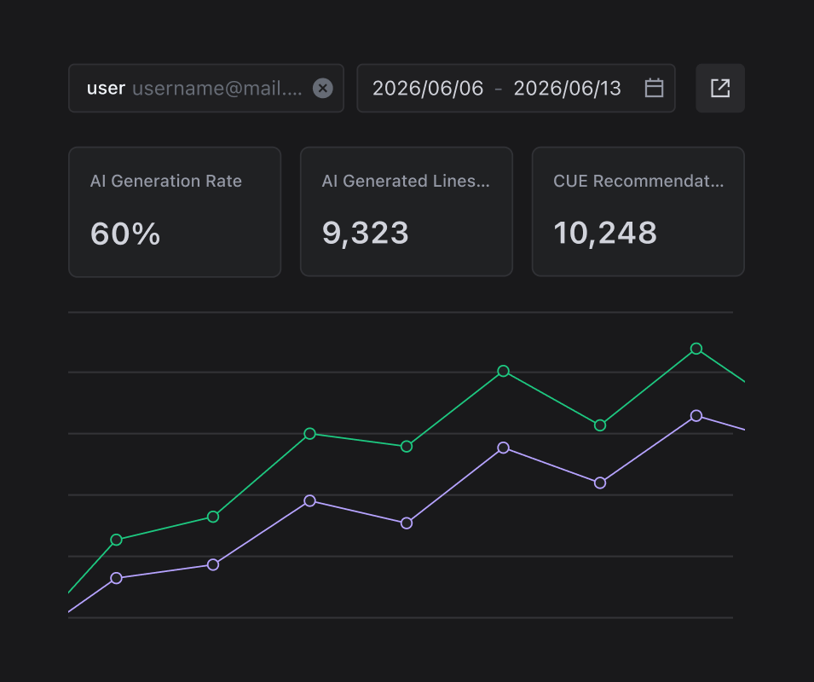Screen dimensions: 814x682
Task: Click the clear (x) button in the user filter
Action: click(322, 89)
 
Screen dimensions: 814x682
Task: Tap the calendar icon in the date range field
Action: click(654, 88)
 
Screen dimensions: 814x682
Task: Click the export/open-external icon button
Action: click(720, 89)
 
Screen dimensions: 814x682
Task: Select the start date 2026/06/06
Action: click(428, 89)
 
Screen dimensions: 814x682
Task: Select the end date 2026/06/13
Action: click(568, 89)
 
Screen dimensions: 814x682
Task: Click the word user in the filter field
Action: click(106, 89)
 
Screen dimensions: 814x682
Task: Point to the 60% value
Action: click(125, 234)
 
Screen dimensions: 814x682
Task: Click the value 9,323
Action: click(366, 233)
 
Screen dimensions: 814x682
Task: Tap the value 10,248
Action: click(605, 233)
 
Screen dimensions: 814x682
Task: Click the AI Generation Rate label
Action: click(166, 181)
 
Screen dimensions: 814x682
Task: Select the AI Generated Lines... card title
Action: click(406, 181)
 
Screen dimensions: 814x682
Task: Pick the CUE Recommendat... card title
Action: click(638, 181)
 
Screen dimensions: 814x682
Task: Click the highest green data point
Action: click(696, 349)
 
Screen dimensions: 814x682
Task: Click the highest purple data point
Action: click(696, 416)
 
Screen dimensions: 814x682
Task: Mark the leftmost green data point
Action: click(116, 540)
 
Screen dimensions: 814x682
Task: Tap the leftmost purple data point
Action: click(116, 578)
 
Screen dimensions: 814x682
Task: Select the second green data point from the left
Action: click(213, 517)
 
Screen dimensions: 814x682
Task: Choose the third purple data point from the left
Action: click(310, 501)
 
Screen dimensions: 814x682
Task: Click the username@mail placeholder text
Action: click(217, 89)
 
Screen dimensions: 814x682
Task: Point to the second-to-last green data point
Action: click(600, 425)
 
